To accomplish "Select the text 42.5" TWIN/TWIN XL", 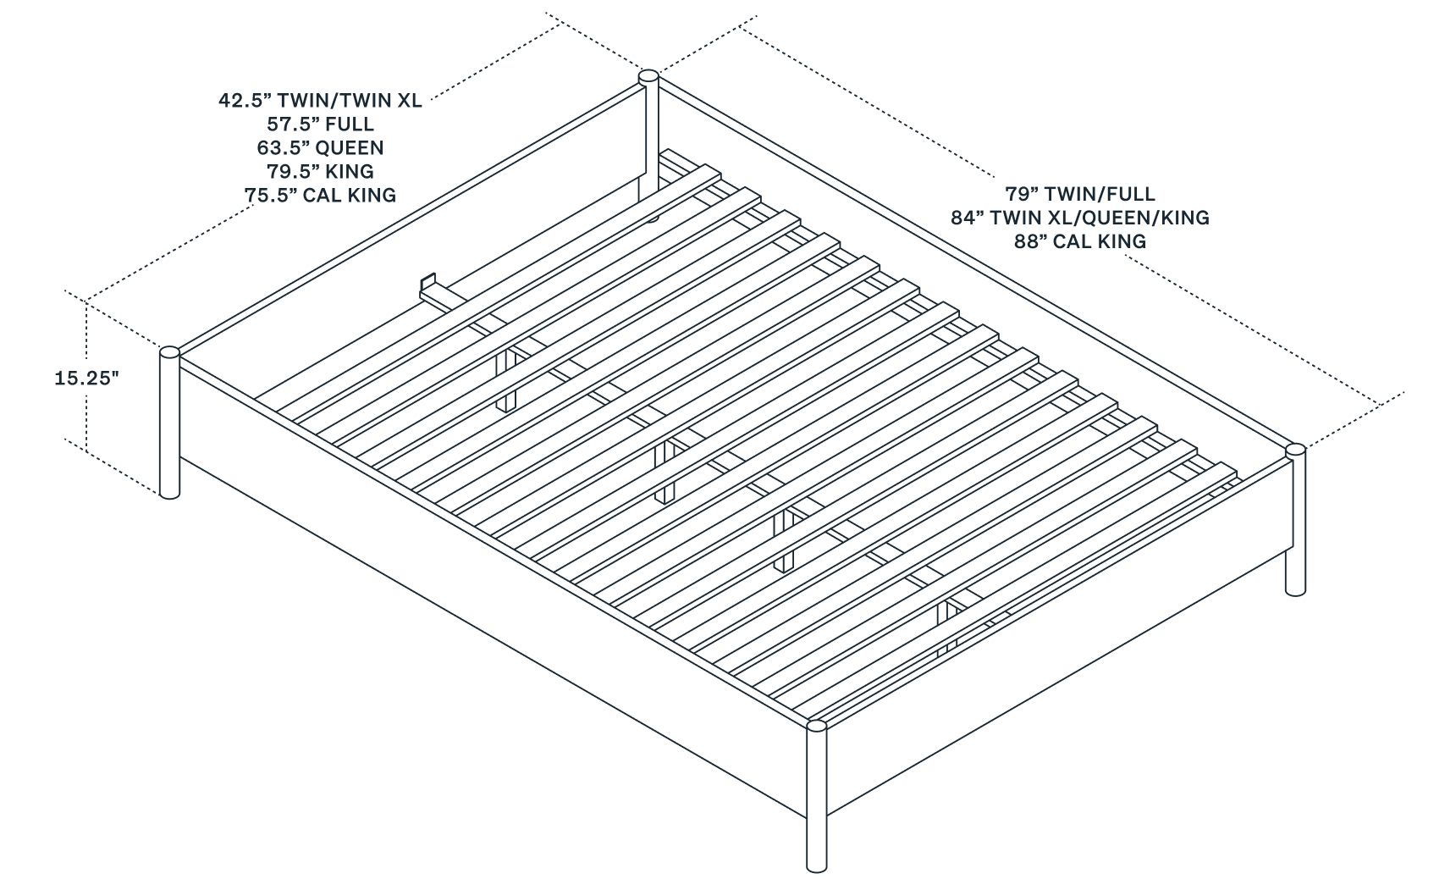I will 320,101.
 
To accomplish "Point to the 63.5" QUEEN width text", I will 320,148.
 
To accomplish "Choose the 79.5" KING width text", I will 320,172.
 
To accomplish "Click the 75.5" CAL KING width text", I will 320,196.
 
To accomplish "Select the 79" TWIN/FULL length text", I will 1079,194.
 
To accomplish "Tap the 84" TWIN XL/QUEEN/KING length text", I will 1079,218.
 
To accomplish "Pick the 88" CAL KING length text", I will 1079,241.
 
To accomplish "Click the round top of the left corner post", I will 169,352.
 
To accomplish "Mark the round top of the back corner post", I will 648,76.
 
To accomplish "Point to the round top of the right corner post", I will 1295,450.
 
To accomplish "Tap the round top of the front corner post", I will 817,725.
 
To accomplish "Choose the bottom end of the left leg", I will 169,493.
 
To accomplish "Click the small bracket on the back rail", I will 427,284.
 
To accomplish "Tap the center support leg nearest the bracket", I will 506,379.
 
